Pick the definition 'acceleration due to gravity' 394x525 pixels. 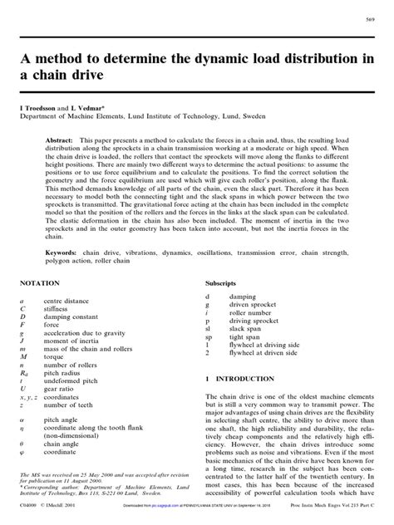point(92,331)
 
